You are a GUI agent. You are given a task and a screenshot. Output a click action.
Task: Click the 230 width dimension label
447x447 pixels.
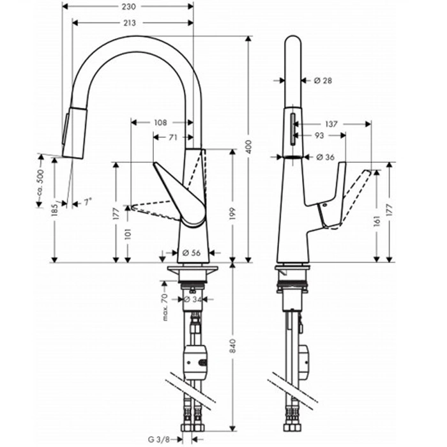point(129,6)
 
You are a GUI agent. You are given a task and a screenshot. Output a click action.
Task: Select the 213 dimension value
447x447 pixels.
point(130,23)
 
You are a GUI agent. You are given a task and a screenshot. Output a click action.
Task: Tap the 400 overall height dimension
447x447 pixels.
point(249,147)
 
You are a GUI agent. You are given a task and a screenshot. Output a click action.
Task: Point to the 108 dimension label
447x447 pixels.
point(160,123)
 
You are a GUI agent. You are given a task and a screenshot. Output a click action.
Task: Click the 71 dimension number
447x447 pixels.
point(173,138)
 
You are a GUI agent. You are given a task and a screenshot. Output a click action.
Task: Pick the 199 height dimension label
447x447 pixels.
point(232,213)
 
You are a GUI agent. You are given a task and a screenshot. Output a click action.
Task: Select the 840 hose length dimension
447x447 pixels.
point(233,346)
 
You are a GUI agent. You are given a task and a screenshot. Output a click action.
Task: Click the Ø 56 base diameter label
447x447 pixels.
point(192,253)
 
